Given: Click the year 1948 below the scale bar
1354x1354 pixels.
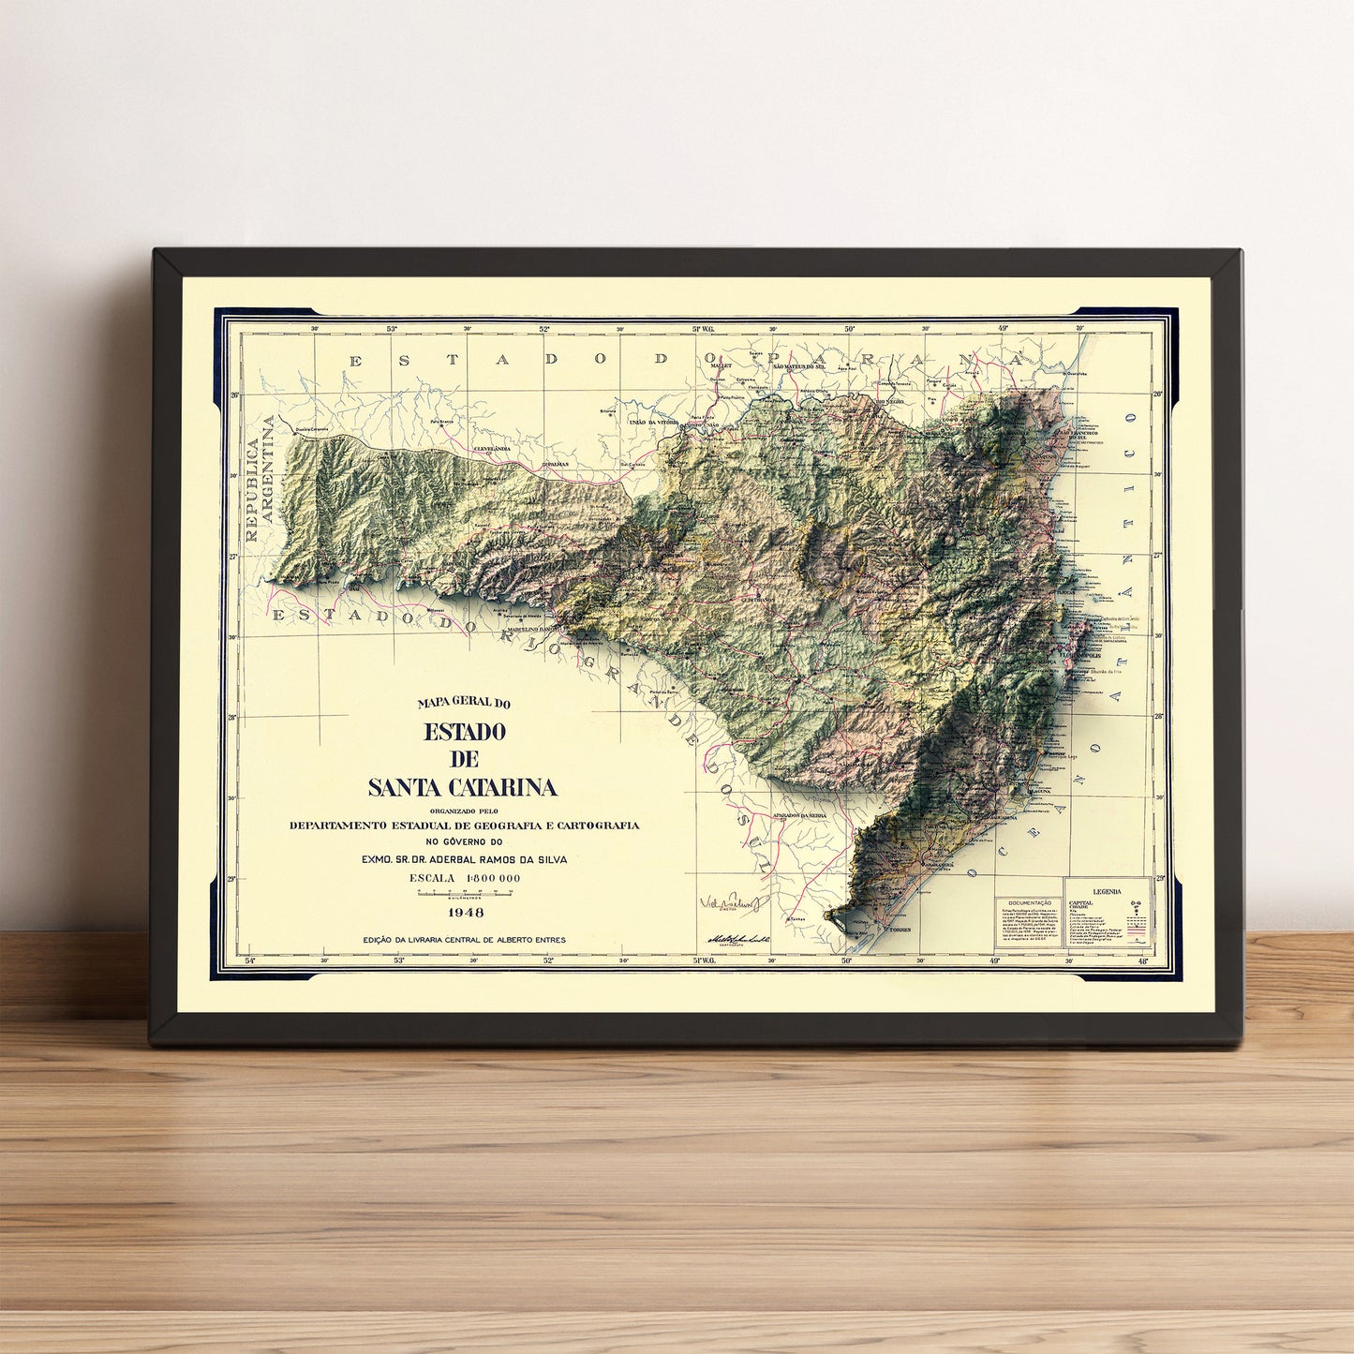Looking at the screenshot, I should coord(466,912).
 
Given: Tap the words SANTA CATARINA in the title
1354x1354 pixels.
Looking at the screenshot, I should coord(463,787).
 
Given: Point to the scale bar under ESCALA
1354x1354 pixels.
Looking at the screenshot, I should coord(466,894).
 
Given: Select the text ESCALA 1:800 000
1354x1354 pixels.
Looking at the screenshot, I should coord(465,878).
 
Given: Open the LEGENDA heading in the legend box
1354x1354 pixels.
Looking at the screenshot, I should coord(1107,892).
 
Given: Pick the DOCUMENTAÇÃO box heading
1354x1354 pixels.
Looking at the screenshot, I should coord(1028,902).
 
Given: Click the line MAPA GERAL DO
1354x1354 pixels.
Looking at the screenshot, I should coord(464,702).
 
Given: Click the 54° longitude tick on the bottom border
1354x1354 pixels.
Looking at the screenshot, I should coord(249,960).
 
